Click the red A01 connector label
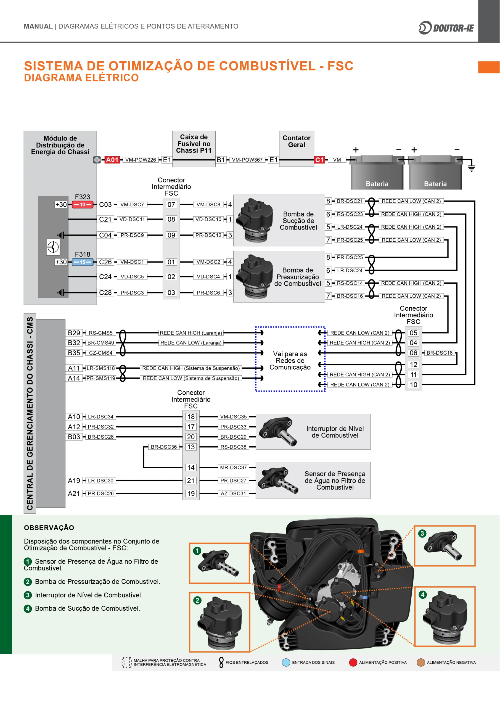112,160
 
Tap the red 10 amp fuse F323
83,204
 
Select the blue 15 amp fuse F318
83,262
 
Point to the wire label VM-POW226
141,160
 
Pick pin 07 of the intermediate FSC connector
171,204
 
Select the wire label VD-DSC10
208,219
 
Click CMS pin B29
74,333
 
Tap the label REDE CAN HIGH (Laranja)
191,333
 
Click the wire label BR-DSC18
439,353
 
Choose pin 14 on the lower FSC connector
191,468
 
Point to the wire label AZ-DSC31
233,493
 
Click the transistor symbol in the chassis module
53,247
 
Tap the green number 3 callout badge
422,533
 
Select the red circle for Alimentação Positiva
353,662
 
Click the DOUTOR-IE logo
446,28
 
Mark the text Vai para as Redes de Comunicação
290,361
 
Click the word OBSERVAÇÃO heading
49,528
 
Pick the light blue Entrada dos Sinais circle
286,662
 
